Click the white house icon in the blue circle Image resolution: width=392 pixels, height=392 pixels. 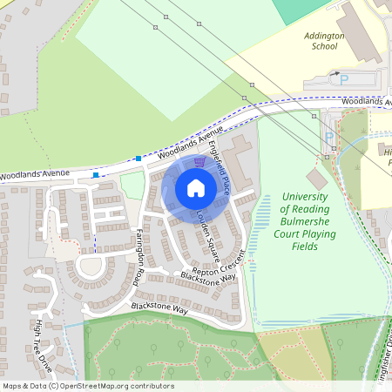pos(196,187)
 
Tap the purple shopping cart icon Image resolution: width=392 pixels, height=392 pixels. pos(200,161)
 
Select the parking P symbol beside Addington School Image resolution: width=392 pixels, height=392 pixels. pos(344,78)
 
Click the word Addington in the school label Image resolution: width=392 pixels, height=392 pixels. pos(324,37)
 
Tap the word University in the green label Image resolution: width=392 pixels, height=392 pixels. pos(304,197)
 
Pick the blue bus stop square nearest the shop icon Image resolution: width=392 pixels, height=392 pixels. pos(139,159)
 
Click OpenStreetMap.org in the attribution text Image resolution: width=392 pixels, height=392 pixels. pos(103,386)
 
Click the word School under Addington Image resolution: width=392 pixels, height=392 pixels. pos(324,47)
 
